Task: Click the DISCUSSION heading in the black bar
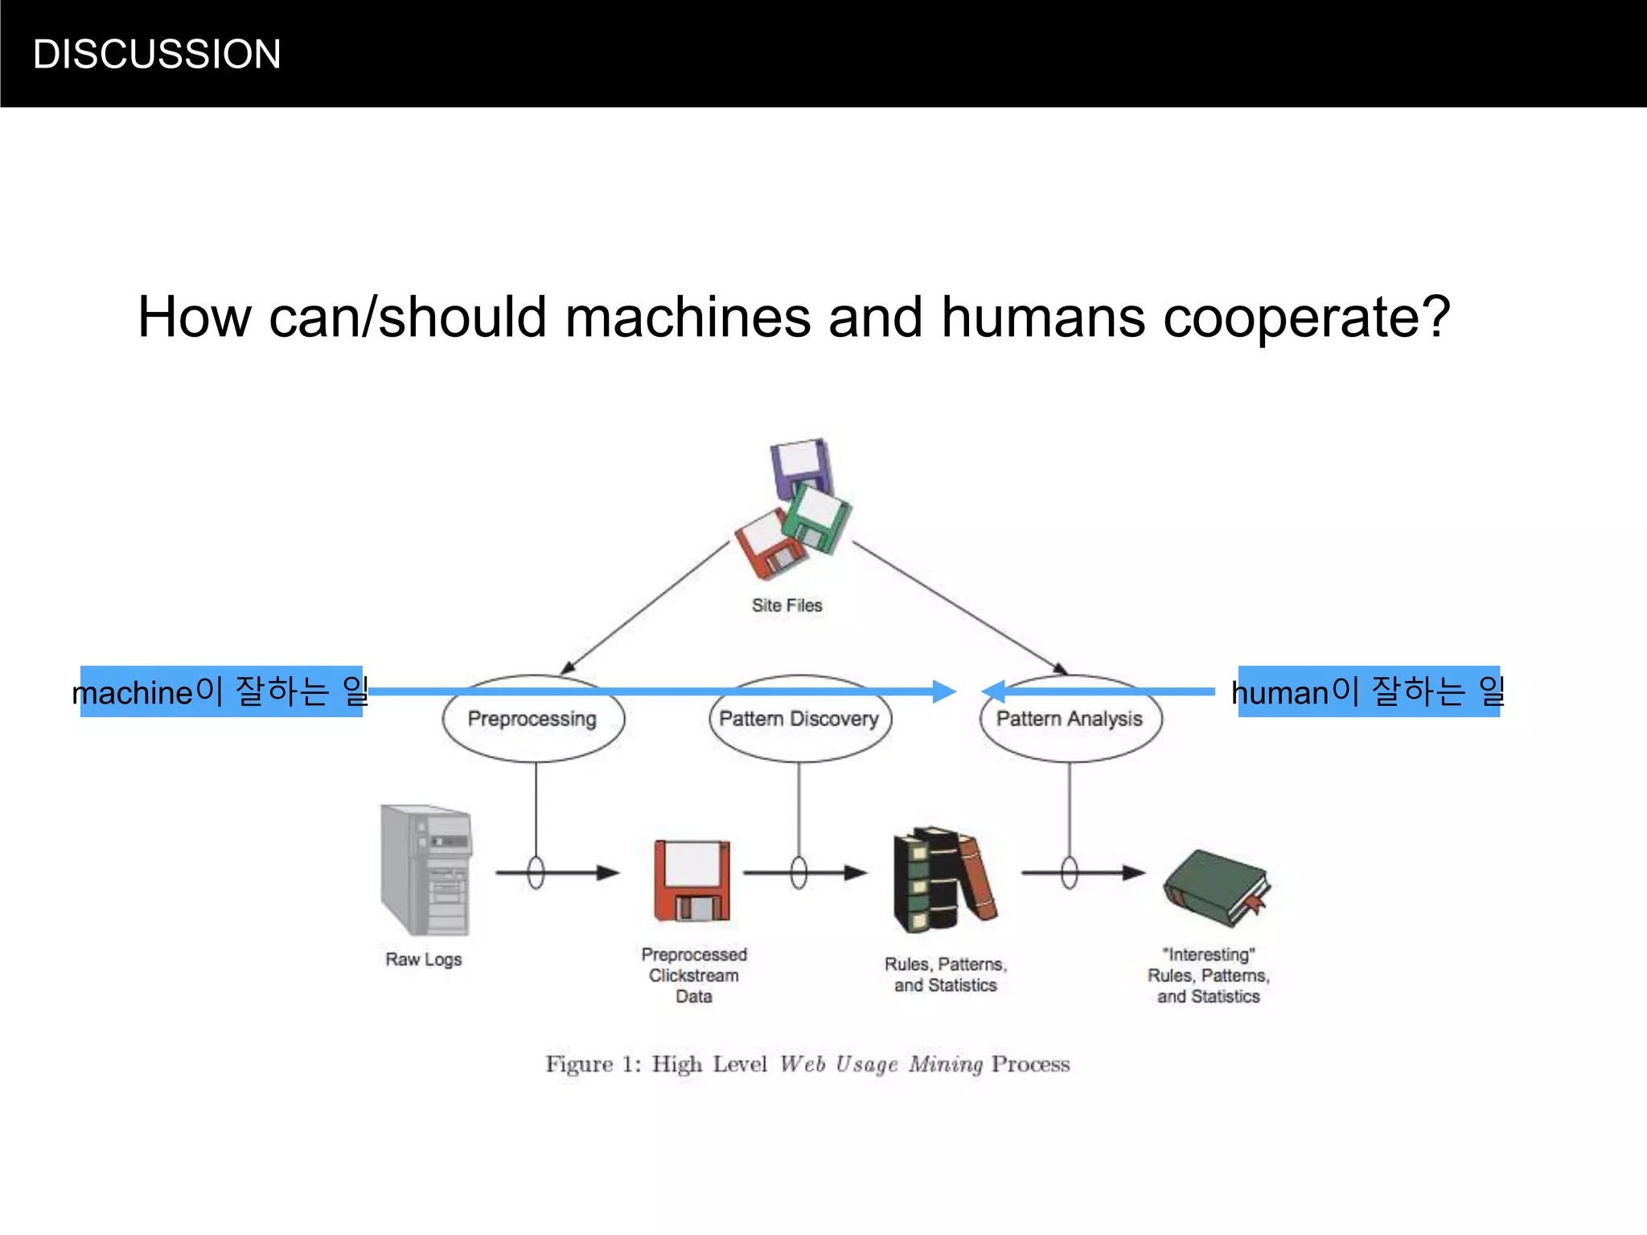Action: click(157, 55)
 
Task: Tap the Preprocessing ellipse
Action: click(532, 719)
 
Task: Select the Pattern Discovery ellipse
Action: click(799, 719)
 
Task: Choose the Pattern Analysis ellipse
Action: click(1070, 719)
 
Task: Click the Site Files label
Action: click(787, 605)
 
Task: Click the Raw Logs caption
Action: click(424, 959)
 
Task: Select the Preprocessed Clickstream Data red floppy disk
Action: click(692, 880)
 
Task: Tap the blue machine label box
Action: click(221, 691)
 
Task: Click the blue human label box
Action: click(1368, 691)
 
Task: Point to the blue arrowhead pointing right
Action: click(944, 691)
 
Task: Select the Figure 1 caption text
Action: click(807, 1064)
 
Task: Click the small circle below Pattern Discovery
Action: click(799, 872)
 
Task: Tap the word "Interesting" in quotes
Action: click(1209, 954)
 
